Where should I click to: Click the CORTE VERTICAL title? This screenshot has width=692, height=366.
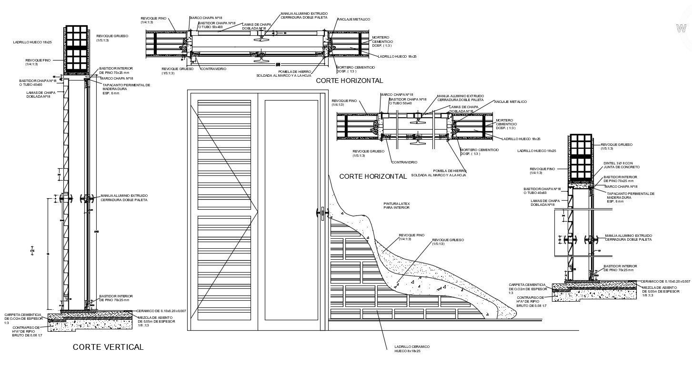[108, 347]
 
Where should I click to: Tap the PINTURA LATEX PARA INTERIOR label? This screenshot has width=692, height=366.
[396, 205]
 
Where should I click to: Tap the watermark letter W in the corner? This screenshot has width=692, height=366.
[681, 28]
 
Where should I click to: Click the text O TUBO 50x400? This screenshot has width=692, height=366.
[210, 27]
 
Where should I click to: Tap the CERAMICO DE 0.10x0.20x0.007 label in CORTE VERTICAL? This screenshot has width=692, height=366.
[160, 311]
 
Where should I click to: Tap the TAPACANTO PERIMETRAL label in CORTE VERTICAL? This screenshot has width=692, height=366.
[126, 87]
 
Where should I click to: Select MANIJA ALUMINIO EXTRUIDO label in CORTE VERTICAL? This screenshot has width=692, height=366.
[123, 197]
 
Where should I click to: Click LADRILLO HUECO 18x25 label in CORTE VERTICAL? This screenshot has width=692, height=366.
[32, 42]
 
